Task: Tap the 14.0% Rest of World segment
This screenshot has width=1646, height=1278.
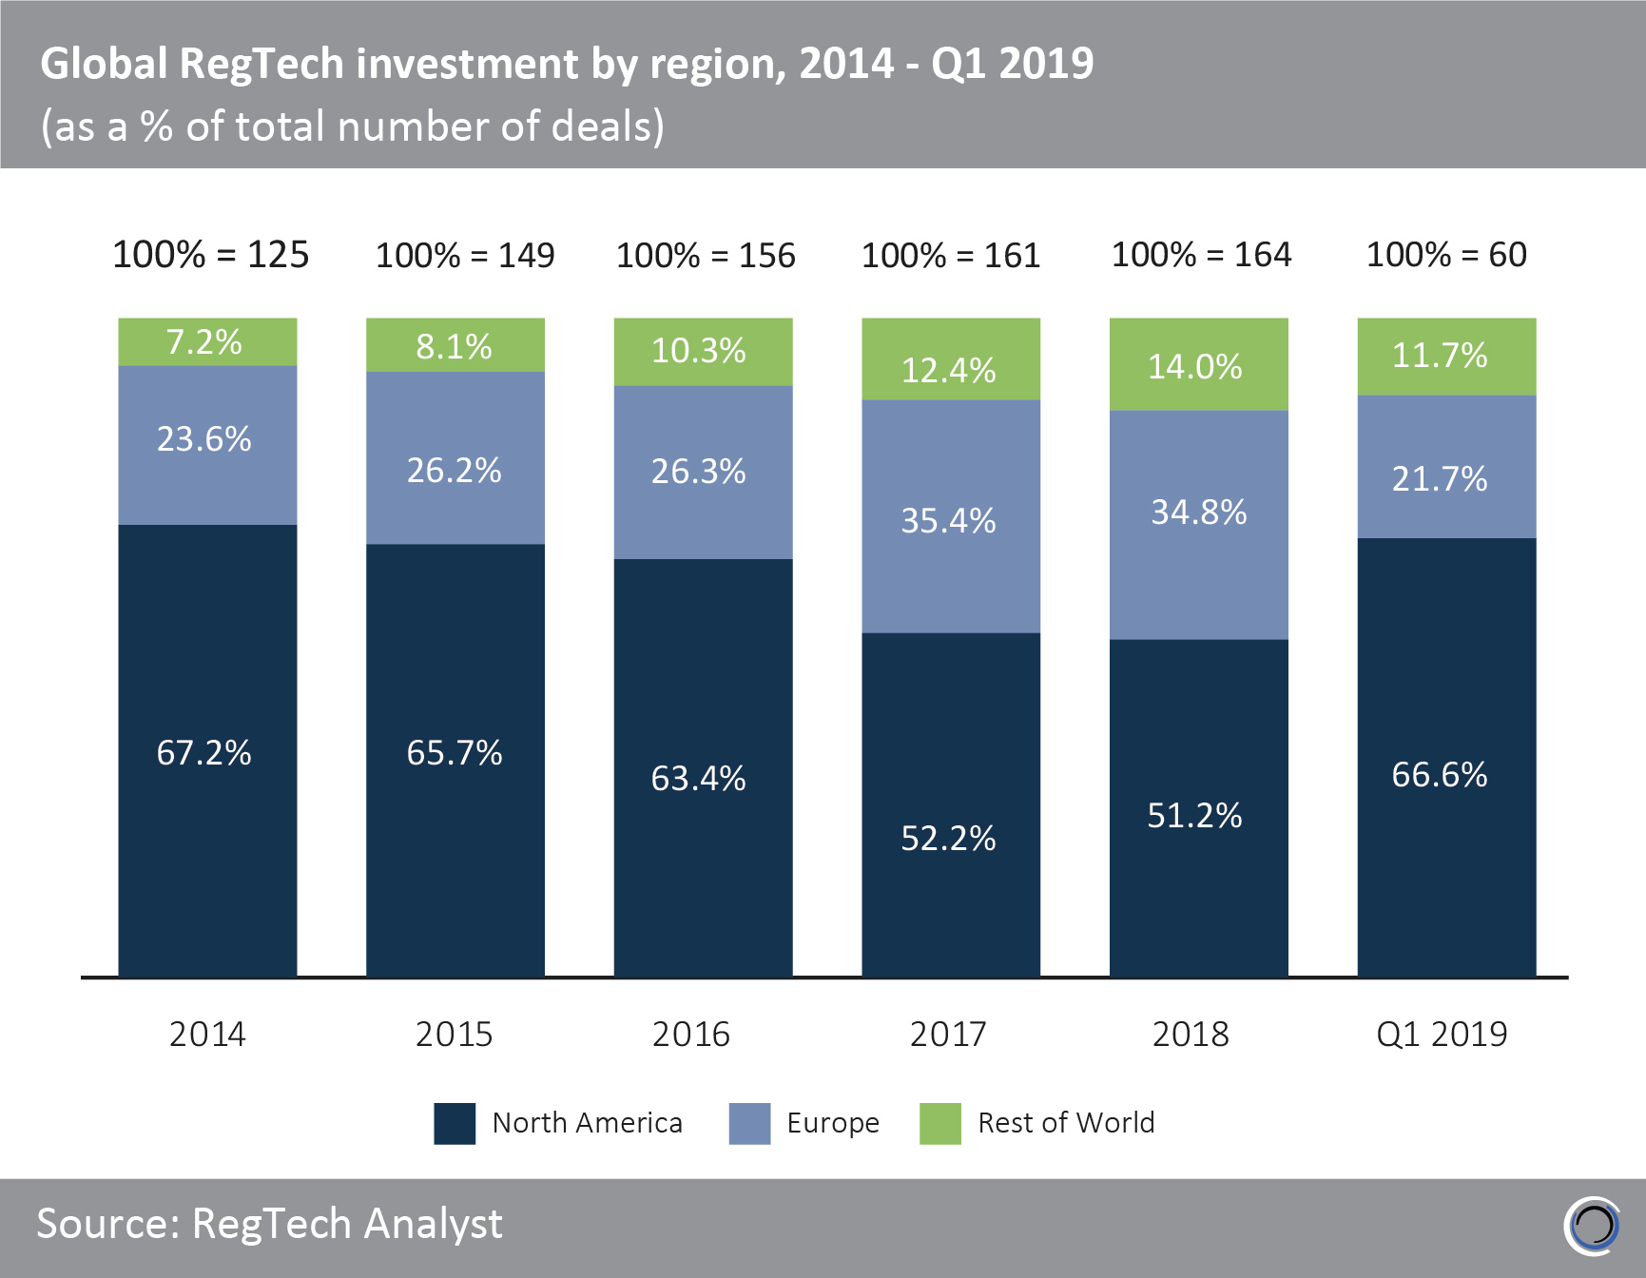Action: (1198, 365)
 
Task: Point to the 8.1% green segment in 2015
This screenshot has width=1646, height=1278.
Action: (455, 345)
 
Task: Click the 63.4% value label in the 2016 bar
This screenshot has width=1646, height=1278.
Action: (699, 779)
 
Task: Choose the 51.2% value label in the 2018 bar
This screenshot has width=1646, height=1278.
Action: (1194, 816)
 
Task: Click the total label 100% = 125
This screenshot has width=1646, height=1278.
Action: (210, 255)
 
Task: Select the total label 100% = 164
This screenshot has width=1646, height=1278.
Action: (1201, 255)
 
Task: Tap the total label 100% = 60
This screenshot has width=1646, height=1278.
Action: (1446, 255)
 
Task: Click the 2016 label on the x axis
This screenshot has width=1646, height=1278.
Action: (691, 1034)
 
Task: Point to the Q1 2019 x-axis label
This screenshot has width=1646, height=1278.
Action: (1442, 1034)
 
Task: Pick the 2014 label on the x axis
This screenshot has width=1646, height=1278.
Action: (207, 1034)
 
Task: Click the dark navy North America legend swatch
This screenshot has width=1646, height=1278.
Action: (455, 1123)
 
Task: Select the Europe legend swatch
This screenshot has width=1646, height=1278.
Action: (749, 1123)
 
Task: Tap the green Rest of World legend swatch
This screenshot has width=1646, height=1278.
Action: (940, 1123)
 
